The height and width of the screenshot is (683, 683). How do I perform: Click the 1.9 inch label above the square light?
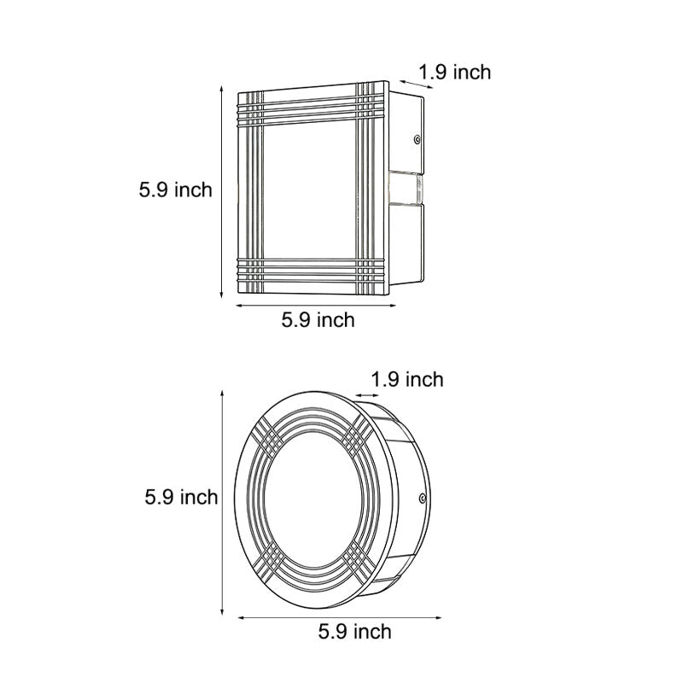[455, 73]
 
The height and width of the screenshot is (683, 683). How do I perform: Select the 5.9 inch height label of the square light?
[175, 190]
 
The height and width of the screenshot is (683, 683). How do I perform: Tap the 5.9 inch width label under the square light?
[318, 320]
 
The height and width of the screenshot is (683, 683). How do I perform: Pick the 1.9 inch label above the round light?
[407, 379]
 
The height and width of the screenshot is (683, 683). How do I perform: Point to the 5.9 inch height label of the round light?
[181, 496]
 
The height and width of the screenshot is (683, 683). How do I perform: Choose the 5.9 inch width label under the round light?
[354, 632]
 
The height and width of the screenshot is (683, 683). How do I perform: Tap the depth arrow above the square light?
[408, 81]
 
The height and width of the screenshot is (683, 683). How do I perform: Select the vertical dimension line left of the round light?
[223, 499]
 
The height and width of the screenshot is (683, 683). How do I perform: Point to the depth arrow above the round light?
[369, 395]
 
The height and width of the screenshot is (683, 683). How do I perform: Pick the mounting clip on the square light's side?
[406, 190]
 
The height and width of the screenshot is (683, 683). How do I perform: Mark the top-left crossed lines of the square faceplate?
[251, 106]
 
